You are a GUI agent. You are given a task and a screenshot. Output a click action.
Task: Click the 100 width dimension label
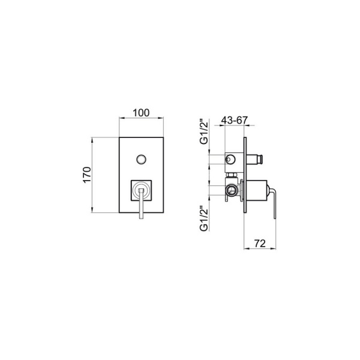[x=141, y=113]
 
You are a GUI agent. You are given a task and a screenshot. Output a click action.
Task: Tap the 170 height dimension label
[x=87, y=175]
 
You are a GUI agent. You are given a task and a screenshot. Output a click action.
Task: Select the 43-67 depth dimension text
[x=235, y=120]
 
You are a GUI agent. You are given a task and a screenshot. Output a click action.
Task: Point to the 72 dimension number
[x=260, y=244]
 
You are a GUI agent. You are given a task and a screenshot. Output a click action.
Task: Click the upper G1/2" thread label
[x=204, y=131]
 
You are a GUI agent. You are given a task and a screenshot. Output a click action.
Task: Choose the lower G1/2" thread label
[x=204, y=218]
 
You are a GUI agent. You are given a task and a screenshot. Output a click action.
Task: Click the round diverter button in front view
[x=141, y=160]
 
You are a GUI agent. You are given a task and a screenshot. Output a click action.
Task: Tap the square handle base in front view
[x=141, y=191]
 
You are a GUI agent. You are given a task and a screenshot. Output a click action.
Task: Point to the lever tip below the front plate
[x=141, y=216]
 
